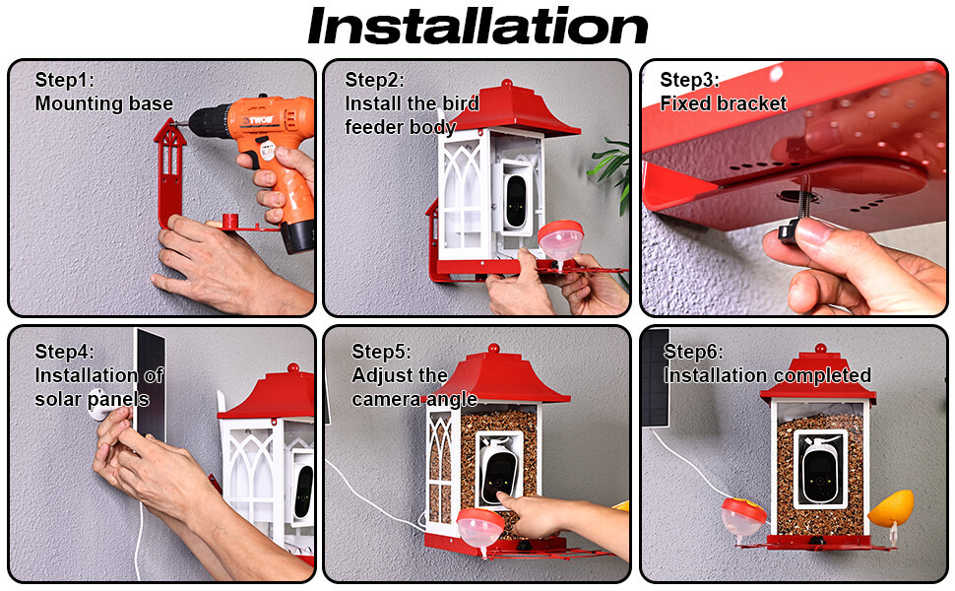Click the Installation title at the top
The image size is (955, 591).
pos(477,27)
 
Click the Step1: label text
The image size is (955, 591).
pos(65,80)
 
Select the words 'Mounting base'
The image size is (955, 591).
pos(104,103)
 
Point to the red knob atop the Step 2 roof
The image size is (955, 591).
pos(507,84)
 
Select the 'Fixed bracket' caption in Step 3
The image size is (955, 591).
pos(723,103)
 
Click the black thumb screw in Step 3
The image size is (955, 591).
pos(790,230)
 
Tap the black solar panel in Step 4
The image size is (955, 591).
pos(150,384)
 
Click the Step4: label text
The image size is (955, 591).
pos(65,352)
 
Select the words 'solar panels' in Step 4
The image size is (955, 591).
pos(92,400)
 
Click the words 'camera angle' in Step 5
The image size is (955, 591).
pos(414,400)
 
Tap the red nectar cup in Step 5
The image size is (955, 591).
pos(479,526)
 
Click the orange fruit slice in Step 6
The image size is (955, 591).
pos(890,507)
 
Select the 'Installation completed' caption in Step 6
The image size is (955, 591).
pos(767,375)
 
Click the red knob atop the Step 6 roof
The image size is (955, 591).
pos(820,349)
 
